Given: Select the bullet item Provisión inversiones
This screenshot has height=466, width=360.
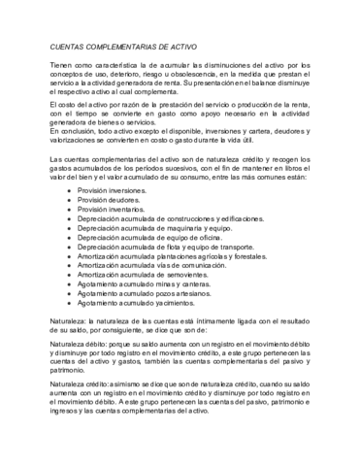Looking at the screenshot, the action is [114, 192].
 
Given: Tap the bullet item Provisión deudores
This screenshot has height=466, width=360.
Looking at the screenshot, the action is [110, 201].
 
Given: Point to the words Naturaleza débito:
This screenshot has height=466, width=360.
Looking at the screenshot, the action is [80, 345].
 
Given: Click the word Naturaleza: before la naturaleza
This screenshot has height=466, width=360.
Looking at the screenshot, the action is [68, 318].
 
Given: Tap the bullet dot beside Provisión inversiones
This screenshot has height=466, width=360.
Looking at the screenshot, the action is [68, 192].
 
